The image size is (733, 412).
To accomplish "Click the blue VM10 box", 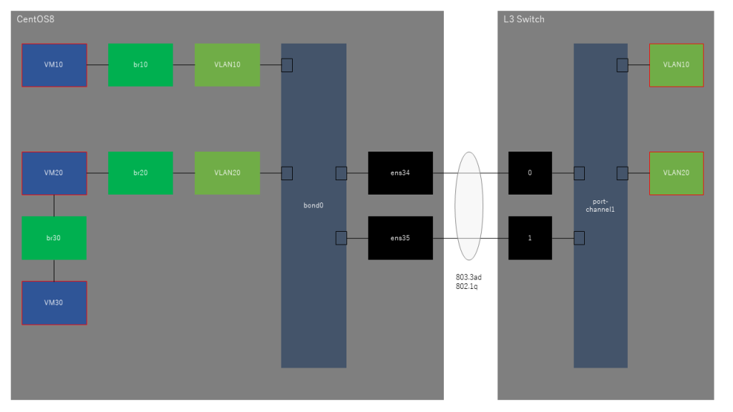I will (54, 65).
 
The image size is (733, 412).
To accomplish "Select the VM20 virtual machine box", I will (54, 173).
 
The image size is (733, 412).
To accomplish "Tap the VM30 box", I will (54, 303).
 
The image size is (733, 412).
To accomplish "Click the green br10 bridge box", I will (140, 65).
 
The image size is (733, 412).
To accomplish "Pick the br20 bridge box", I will (140, 173).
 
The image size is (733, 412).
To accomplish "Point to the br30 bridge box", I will (54, 237).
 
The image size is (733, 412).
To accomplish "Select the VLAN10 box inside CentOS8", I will (227, 65).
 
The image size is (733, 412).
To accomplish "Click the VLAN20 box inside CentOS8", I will (227, 173).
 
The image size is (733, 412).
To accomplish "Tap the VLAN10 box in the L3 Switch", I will (676, 65).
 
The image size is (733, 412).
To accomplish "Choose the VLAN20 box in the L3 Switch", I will (676, 173).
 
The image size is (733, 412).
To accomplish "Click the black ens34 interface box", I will (400, 173).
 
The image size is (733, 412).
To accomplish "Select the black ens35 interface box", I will (400, 237).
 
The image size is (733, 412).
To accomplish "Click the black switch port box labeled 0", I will (530, 173).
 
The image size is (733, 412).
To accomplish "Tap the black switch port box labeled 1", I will (530, 237).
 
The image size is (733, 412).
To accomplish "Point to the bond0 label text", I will (314, 205).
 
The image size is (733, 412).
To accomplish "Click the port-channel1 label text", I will (601, 205).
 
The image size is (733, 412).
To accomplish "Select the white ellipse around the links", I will (469, 205).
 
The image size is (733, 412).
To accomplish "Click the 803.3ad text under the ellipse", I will (469, 277).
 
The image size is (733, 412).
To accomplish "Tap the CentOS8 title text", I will (36, 19).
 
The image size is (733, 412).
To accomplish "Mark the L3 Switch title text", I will (524, 19).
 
